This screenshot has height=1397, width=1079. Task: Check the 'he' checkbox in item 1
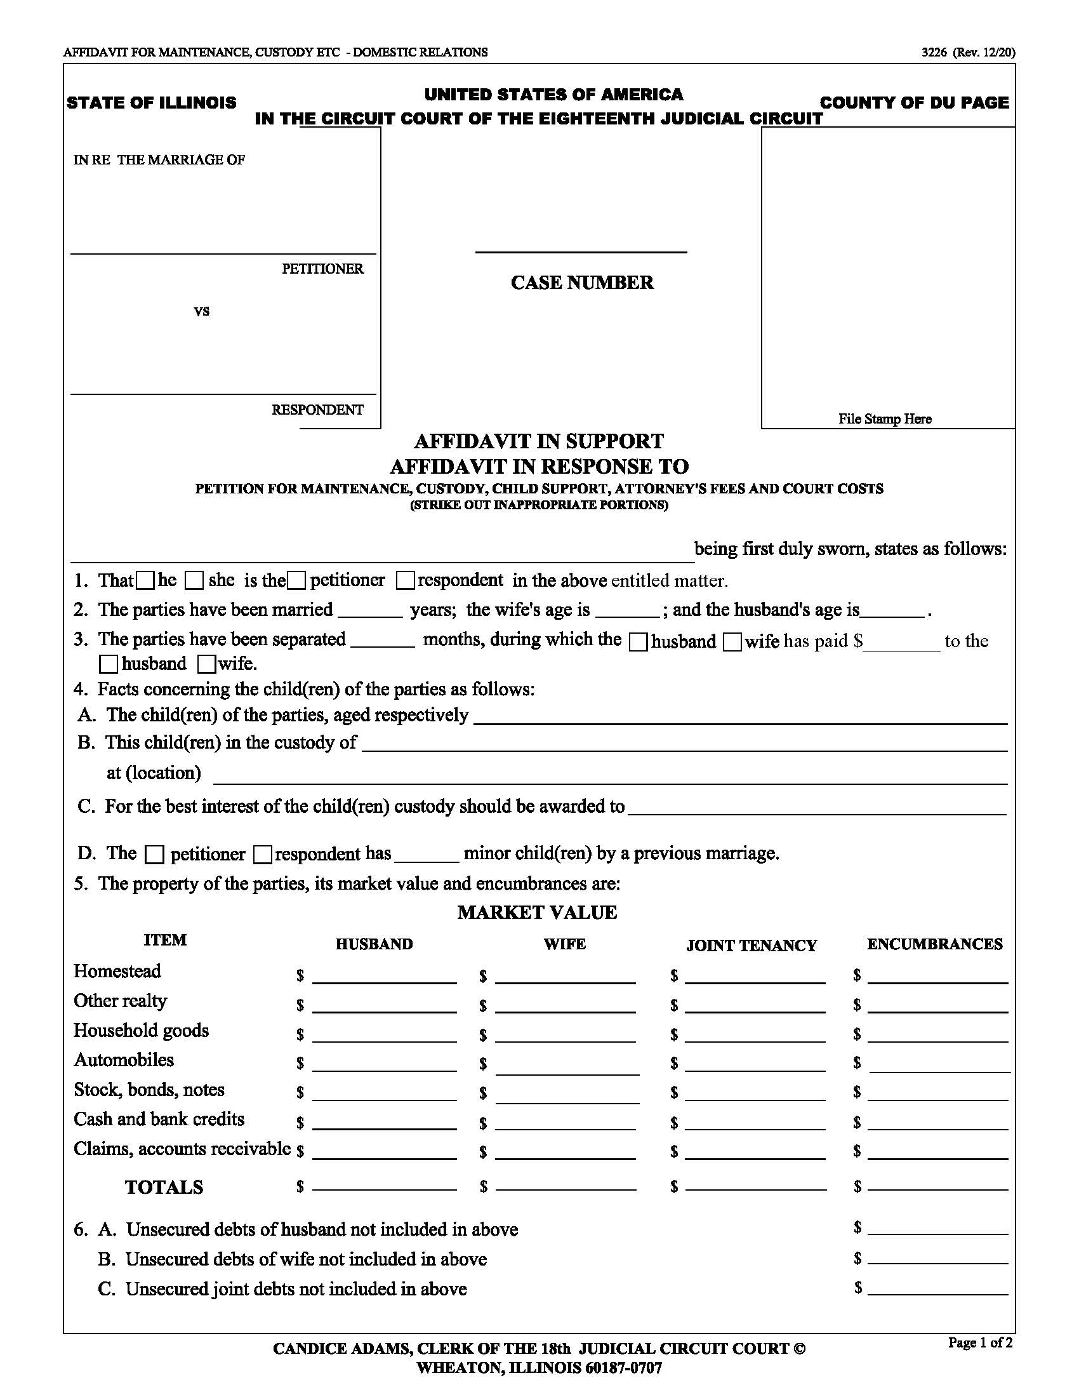(147, 581)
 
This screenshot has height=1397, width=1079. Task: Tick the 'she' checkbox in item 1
(194, 581)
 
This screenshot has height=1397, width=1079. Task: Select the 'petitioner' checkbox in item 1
(296, 581)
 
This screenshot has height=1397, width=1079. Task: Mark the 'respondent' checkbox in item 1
(405, 581)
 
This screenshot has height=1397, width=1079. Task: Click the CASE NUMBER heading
(581, 283)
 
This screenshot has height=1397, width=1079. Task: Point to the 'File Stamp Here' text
(885, 419)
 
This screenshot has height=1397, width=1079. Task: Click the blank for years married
(369, 611)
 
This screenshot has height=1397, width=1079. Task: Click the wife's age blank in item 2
(627, 611)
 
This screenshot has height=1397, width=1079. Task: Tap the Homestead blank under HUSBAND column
(384, 977)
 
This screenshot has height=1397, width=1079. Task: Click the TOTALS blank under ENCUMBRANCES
(937, 1188)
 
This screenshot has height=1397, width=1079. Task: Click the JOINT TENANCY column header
(751, 946)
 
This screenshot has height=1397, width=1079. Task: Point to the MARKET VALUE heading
(537, 912)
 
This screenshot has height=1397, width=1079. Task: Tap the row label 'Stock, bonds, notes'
(149, 1090)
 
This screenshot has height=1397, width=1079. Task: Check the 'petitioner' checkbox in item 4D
(154, 855)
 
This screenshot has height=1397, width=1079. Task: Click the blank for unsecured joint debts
(937, 1289)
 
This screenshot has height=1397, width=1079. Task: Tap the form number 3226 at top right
(933, 53)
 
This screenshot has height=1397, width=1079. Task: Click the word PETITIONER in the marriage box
(322, 269)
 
